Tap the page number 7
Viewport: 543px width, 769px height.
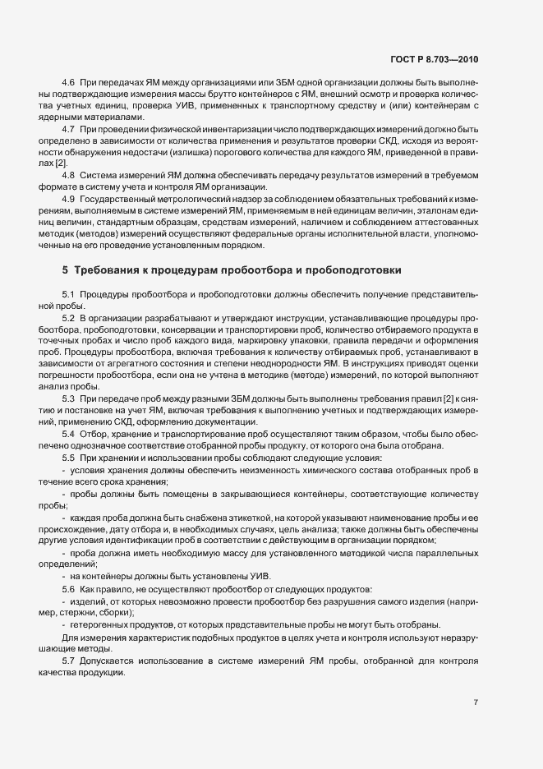[476, 702]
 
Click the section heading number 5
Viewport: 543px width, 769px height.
[65, 270]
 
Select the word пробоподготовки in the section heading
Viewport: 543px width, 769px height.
[352, 270]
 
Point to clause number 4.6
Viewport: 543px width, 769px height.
[69, 85]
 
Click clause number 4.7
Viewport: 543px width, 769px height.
[69, 130]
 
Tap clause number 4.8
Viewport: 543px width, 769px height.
[69, 175]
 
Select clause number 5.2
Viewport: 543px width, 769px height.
[69, 317]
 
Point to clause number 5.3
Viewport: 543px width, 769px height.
[69, 398]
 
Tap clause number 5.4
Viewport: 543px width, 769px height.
[69, 433]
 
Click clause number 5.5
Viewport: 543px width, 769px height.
[69, 457]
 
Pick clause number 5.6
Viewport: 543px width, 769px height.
[69, 589]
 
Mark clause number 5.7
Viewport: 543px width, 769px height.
[69, 661]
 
